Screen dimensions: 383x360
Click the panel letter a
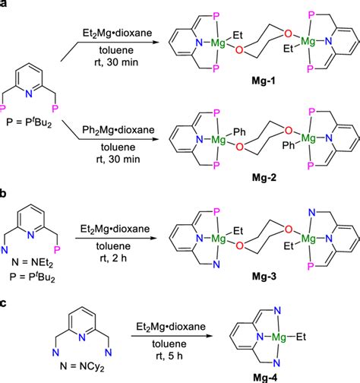(x=5, y=6)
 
